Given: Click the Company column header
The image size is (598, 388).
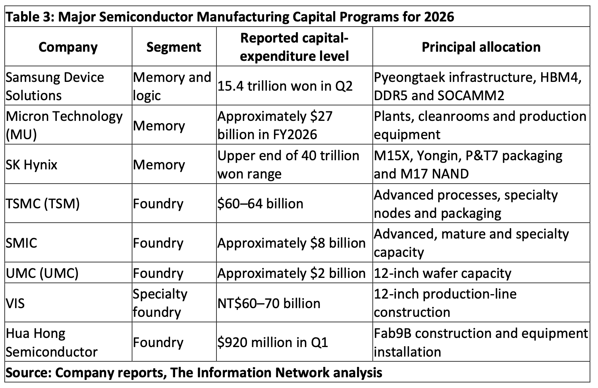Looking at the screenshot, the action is pyautogui.click(x=68, y=47).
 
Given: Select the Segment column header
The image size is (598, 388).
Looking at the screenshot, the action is pyautogui.click(x=174, y=47).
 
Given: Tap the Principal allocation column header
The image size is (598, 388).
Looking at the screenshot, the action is pyautogui.click(x=481, y=47).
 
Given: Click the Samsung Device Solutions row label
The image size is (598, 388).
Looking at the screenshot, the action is pyautogui.click(x=55, y=86).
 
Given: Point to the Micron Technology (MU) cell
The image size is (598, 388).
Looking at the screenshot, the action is pyautogui.click(x=64, y=125).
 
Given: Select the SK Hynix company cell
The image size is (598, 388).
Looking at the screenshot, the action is pyautogui.click(x=31, y=164).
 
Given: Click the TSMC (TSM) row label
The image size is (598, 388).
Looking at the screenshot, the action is pyautogui.click(x=43, y=204).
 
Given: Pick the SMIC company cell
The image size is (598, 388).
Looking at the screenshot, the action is pyautogui.click(x=21, y=243).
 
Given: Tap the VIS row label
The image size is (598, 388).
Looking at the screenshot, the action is pyautogui.click(x=15, y=303).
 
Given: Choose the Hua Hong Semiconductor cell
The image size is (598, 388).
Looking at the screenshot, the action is pyautogui.click(x=52, y=343).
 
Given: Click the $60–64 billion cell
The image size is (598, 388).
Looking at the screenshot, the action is pyautogui.click(x=260, y=204).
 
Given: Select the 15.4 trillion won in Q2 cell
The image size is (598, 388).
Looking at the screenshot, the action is pyautogui.click(x=285, y=86).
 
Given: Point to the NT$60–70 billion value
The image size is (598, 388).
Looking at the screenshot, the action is pyautogui.click(x=269, y=303).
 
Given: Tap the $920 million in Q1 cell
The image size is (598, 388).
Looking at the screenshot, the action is pyautogui.click(x=272, y=343).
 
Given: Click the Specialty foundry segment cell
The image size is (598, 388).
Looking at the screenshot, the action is pyautogui.click(x=160, y=303).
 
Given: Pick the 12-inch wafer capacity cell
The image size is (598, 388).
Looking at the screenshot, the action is pyautogui.click(x=442, y=273).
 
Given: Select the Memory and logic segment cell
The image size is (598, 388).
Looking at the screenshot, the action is pyautogui.click(x=172, y=86).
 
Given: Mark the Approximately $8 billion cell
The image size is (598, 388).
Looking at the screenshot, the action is pyautogui.click(x=291, y=243).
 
